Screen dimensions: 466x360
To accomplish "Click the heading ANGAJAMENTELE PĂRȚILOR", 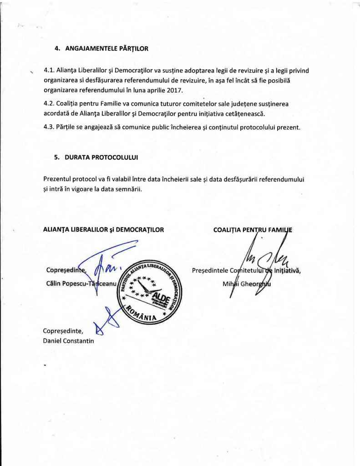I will pyautogui.click(x=106, y=48).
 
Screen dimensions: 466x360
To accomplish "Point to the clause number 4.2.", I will pyautogui.click(x=49, y=104).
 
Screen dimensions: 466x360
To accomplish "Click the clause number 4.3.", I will pyautogui.click(x=49, y=127).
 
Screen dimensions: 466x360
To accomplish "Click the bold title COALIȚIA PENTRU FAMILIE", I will pyautogui.click(x=253, y=230).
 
